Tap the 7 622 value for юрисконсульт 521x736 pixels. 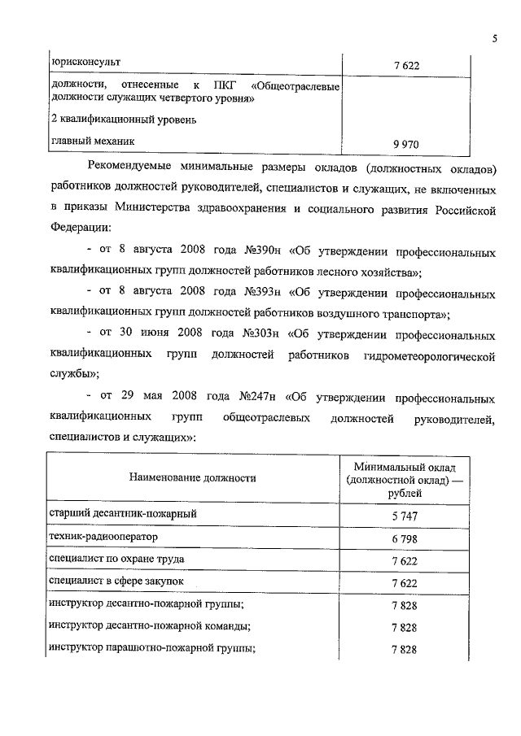point(405,65)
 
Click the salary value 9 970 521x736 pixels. point(405,144)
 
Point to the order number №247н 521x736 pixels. point(260,398)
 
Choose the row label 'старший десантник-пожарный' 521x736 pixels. point(123,514)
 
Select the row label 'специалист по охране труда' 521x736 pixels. point(117,560)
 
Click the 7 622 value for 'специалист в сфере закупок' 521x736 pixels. point(405,583)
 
